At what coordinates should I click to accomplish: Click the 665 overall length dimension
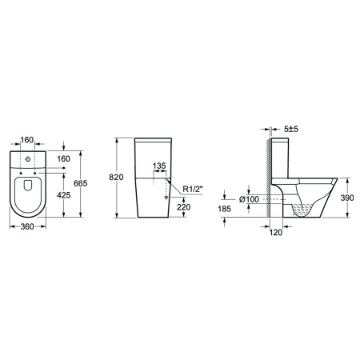[x=81, y=183]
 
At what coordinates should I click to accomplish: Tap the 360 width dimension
[x=27, y=226]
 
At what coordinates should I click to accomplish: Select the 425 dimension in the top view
[x=64, y=195]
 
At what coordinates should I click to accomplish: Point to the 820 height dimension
[x=116, y=177]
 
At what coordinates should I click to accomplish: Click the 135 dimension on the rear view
[x=159, y=166]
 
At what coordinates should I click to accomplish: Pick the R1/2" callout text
[x=193, y=189]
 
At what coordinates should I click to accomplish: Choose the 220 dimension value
[x=184, y=207]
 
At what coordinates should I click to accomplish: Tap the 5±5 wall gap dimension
[x=291, y=129]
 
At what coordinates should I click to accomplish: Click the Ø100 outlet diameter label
[x=249, y=199]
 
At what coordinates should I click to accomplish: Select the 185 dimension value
[x=224, y=209]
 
